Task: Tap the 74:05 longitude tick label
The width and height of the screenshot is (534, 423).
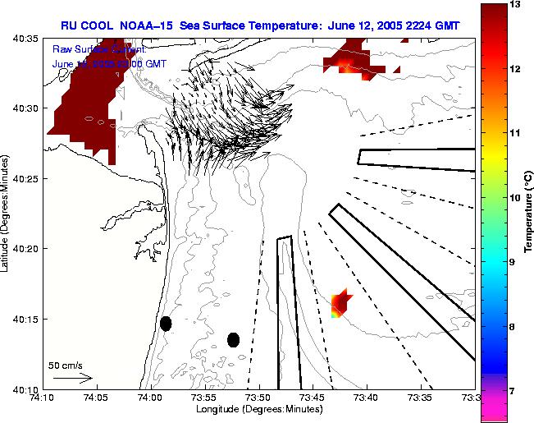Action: click(x=96, y=398)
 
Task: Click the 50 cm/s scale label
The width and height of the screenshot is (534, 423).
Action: click(x=65, y=365)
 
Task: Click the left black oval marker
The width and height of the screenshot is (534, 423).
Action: click(x=166, y=324)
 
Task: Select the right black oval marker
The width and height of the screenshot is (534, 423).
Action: click(x=233, y=340)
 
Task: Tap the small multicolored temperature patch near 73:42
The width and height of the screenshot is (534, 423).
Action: click(x=340, y=303)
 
